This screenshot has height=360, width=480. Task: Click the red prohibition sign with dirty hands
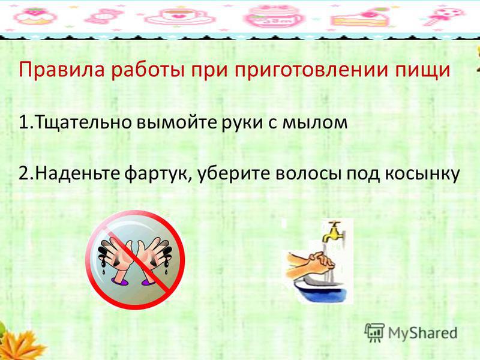click(136, 260)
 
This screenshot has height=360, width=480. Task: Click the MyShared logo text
click(423, 332)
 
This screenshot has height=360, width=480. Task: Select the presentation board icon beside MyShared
click(374, 332)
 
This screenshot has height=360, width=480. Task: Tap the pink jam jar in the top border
click(271, 17)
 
